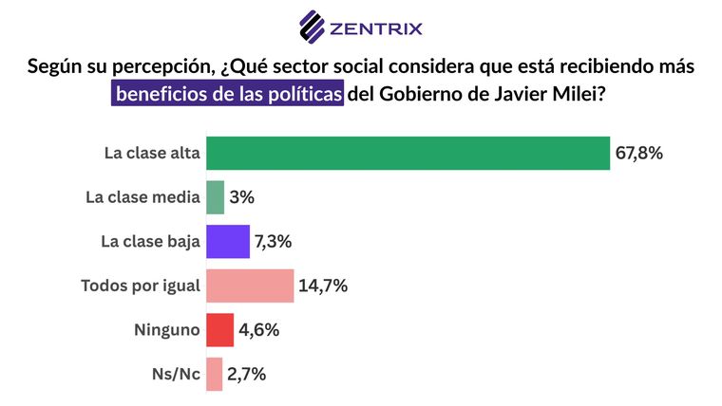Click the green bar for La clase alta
(408, 154)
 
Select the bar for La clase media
(215, 197)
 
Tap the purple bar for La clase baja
(227, 242)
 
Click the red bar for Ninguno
(219, 329)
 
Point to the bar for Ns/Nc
(214, 374)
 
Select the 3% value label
(241, 197)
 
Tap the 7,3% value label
(272, 242)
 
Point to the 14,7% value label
(321, 286)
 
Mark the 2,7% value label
(246, 374)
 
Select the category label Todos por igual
(141, 286)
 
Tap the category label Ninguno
(166, 329)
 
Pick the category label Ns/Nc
(177, 374)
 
